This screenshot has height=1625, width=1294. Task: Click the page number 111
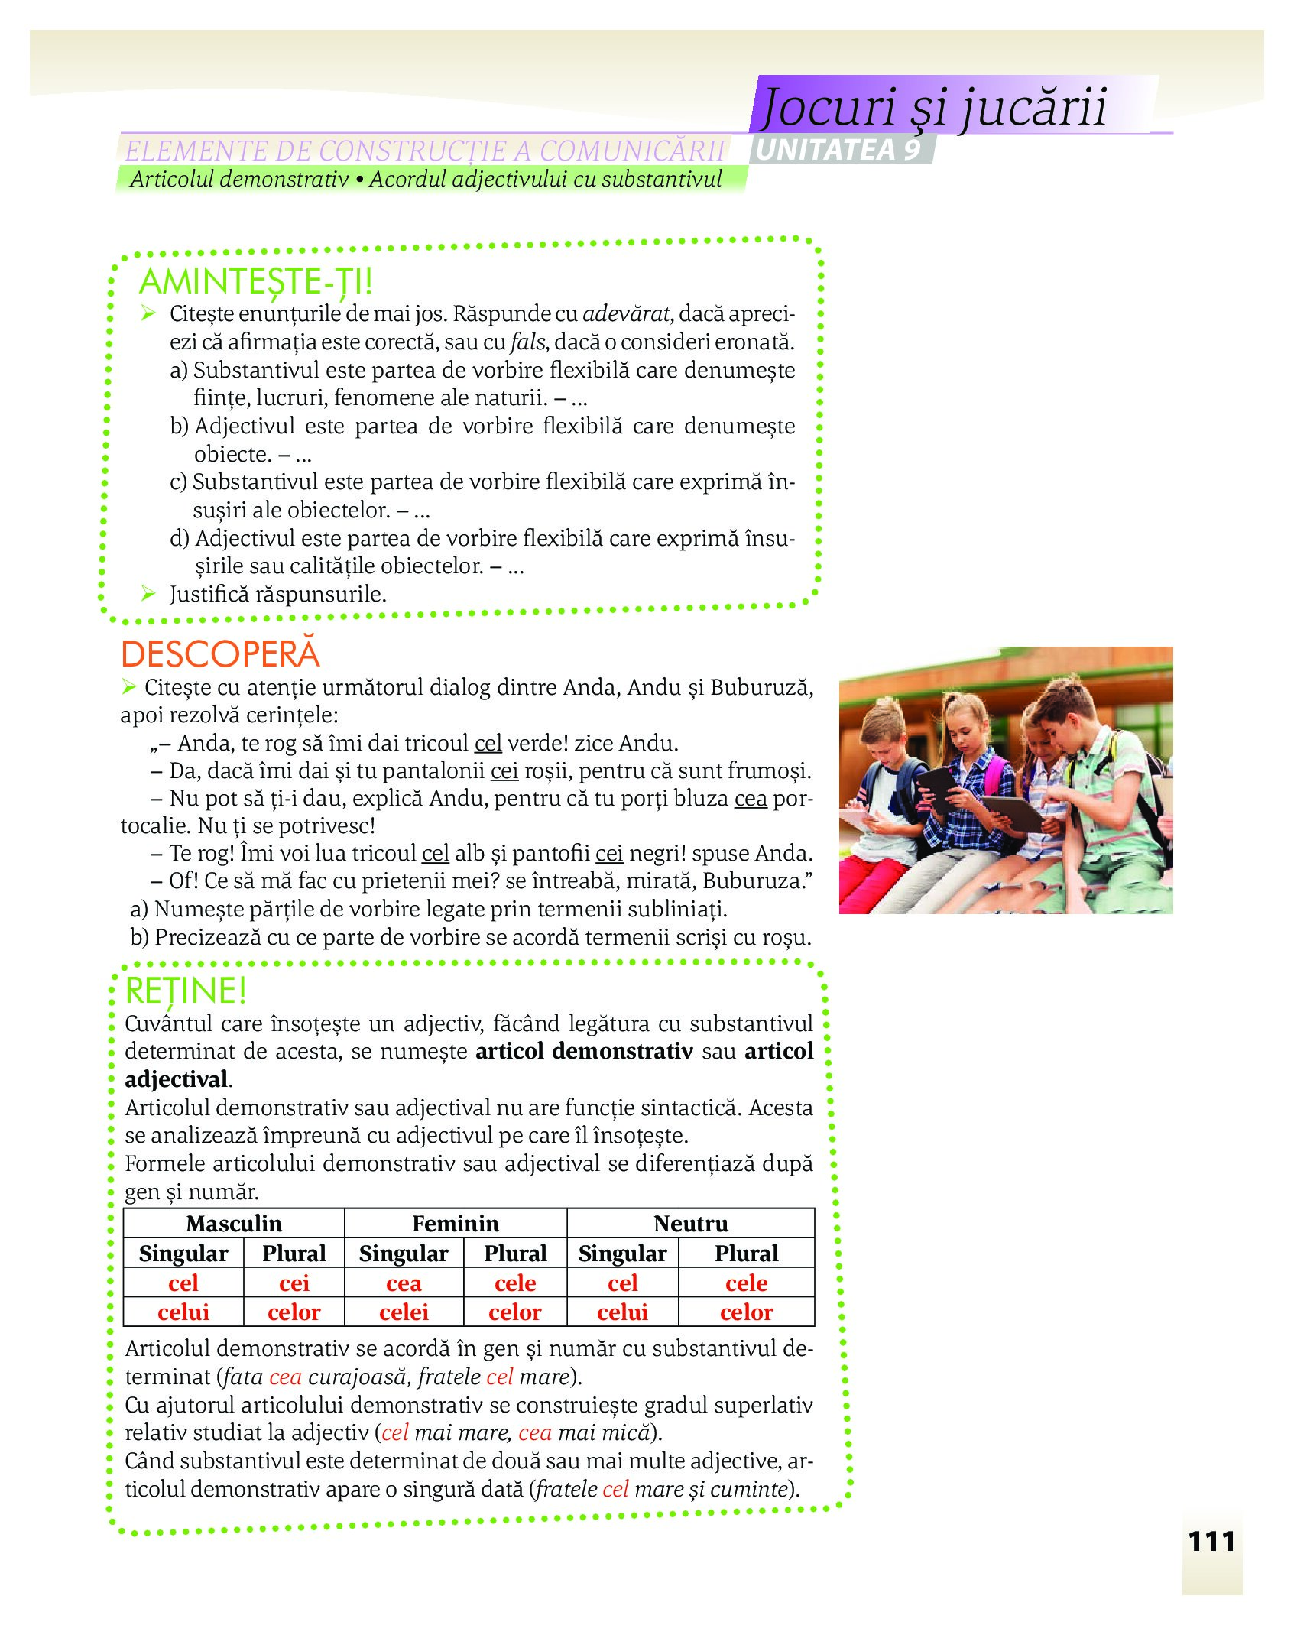pos(1211,1541)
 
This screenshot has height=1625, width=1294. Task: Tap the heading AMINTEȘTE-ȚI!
pos(256,281)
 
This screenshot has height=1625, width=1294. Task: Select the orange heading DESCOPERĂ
pos(220,654)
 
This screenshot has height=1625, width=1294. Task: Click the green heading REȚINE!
pos(186,991)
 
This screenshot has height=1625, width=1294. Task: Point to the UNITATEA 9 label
pos(839,150)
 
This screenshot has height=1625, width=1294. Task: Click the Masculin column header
pos(234,1224)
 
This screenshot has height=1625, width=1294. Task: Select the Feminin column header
pos(456,1224)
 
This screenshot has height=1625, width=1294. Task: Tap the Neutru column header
pos(691,1224)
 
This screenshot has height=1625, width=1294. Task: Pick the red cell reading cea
pos(404,1283)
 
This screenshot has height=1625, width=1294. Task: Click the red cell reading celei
pos(404,1312)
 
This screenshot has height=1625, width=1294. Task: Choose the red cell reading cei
pos(294,1283)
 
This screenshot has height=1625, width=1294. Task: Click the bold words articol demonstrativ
pos(584,1051)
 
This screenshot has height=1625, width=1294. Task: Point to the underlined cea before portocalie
pos(750,798)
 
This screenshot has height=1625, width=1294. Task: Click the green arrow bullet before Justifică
pos(148,593)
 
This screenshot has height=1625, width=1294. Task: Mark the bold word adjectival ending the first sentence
pos(177,1079)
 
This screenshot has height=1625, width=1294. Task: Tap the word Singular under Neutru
pos(622,1254)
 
